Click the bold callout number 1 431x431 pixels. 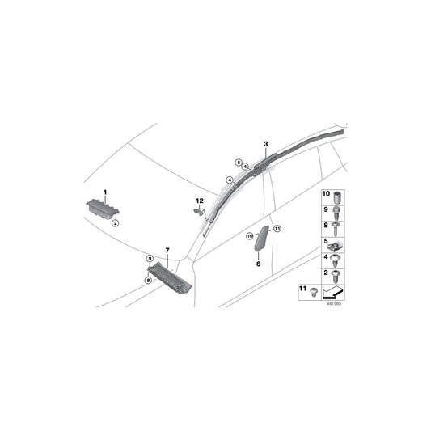tap(105, 192)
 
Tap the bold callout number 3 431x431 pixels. tap(266, 144)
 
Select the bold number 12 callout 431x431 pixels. tap(200, 201)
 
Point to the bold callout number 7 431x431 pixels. tap(167, 250)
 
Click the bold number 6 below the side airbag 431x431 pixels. tap(258, 264)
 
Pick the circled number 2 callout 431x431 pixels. tap(115, 223)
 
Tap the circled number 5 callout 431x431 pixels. tap(239, 163)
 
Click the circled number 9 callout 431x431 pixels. tap(150, 259)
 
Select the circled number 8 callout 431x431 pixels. tap(149, 281)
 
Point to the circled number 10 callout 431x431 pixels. tap(250, 235)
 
